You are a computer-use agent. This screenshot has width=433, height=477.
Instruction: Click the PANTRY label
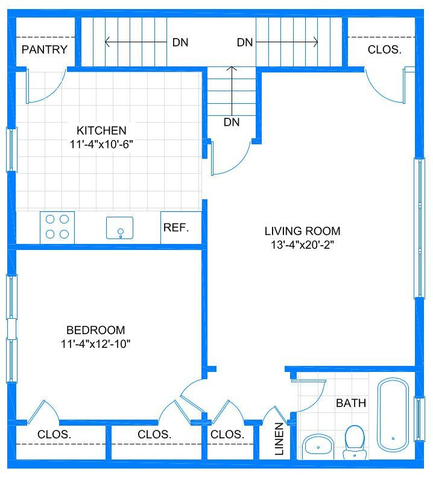tap(45, 50)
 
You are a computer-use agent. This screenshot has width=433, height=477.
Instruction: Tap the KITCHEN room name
tap(101, 130)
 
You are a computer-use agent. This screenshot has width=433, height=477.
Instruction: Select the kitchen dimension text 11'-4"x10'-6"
tap(101, 144)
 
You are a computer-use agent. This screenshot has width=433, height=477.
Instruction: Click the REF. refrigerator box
tap(181, 228)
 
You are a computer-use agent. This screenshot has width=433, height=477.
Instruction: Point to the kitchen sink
tap(120, 228)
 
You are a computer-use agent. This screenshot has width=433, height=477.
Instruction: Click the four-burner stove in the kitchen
tap(57, 227)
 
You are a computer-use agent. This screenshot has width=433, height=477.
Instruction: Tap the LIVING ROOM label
tap(302, 231)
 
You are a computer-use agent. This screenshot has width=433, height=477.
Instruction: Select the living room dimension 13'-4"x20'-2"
tap(302, 245)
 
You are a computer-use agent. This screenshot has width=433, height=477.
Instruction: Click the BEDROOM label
tap(96, 330)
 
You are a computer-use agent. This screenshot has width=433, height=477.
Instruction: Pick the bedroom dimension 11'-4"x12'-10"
tap(96, 344)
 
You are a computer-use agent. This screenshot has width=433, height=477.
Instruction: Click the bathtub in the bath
tap(393, 414)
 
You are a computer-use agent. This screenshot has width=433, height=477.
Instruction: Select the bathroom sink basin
tap(318, 447)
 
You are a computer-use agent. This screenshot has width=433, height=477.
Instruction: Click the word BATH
tap(351, 403)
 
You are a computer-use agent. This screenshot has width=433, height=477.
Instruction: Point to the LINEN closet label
tap(279, 439)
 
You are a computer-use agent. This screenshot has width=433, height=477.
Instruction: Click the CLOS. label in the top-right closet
tap(384, 50)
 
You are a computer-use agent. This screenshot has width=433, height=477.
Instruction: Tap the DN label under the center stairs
tap(232, 123)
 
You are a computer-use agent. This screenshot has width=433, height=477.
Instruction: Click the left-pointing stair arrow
tap(136, 42)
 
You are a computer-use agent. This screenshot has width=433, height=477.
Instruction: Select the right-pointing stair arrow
tap(287, 42)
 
